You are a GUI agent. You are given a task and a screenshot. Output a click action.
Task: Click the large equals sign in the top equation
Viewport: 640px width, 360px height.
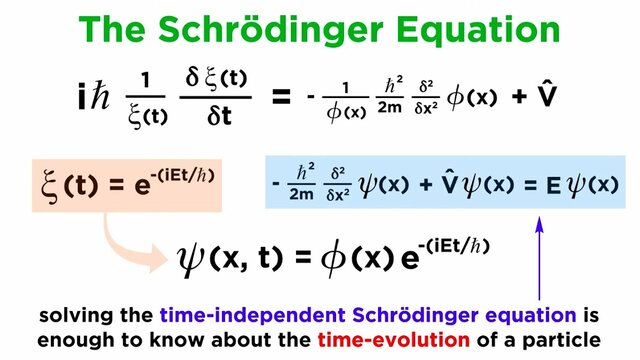(x=281, y=97)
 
